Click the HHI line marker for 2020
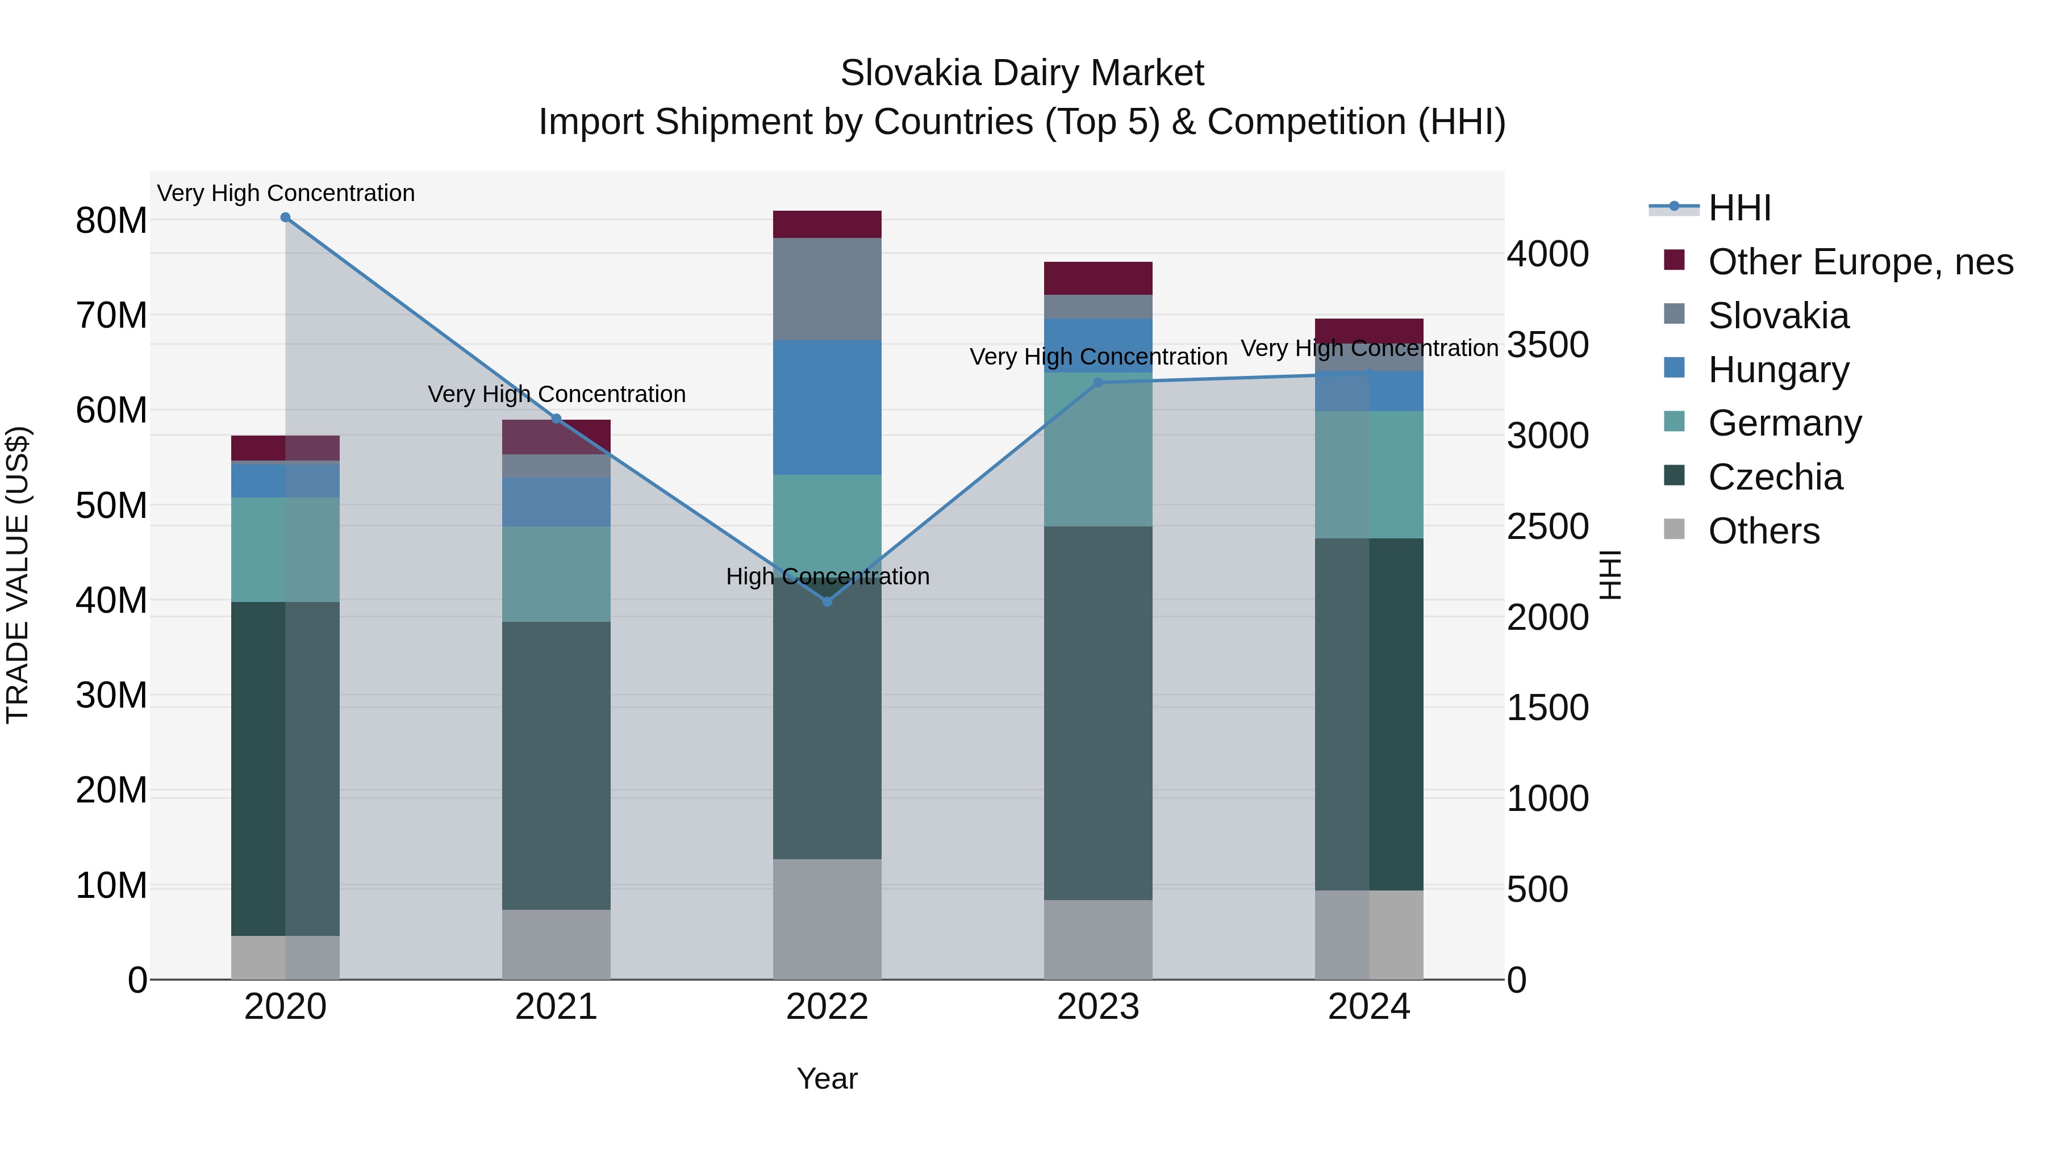(285, 218)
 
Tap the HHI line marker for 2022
(827, 603)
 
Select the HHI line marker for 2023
(1098, 383)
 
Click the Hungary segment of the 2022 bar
(827, 407)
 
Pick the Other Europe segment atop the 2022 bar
(827, 224)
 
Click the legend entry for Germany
(1785, 423)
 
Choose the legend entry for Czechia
(1775, 477)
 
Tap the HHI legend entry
(1739, 208)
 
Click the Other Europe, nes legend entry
(1860, 262)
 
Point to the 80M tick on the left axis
(111, 221)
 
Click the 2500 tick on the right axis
(1547, 526)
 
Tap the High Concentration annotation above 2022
(827, 576)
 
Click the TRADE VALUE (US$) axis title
(18, 575)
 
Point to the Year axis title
(827, 1078)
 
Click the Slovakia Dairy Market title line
(1022, 73)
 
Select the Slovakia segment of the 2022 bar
(827, 289)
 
